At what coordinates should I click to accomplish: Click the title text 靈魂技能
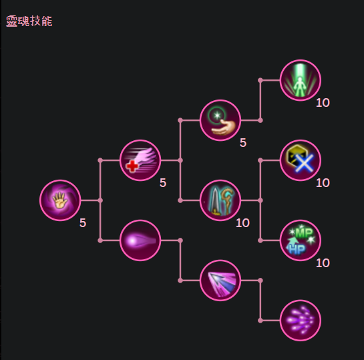(29, 21)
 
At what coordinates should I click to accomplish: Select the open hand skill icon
(60, 200)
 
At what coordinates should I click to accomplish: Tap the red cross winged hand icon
(140, 160)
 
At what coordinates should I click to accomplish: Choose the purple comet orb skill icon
(140, 240)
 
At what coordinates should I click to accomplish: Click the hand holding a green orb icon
(220, 120)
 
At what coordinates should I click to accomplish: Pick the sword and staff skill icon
(220, 200)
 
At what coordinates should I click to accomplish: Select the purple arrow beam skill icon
(220, 281)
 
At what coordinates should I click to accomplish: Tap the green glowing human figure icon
(301, 80)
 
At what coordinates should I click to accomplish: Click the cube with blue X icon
(301, 160)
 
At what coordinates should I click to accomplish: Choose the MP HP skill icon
(301, 240)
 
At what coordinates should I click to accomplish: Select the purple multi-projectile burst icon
(301, 321)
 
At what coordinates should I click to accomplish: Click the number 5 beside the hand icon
(83, 223)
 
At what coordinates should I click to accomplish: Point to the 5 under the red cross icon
(163, 183)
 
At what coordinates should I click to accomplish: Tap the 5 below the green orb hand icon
(243, 143)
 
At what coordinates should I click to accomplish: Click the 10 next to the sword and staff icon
(242, 223)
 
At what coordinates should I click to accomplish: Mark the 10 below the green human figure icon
(323, 103)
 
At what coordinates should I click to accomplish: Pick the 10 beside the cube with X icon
(323, 183)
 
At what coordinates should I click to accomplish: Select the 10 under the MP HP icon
(323, 263)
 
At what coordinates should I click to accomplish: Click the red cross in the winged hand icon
(132, 166)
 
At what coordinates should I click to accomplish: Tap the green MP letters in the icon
(304, 233)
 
